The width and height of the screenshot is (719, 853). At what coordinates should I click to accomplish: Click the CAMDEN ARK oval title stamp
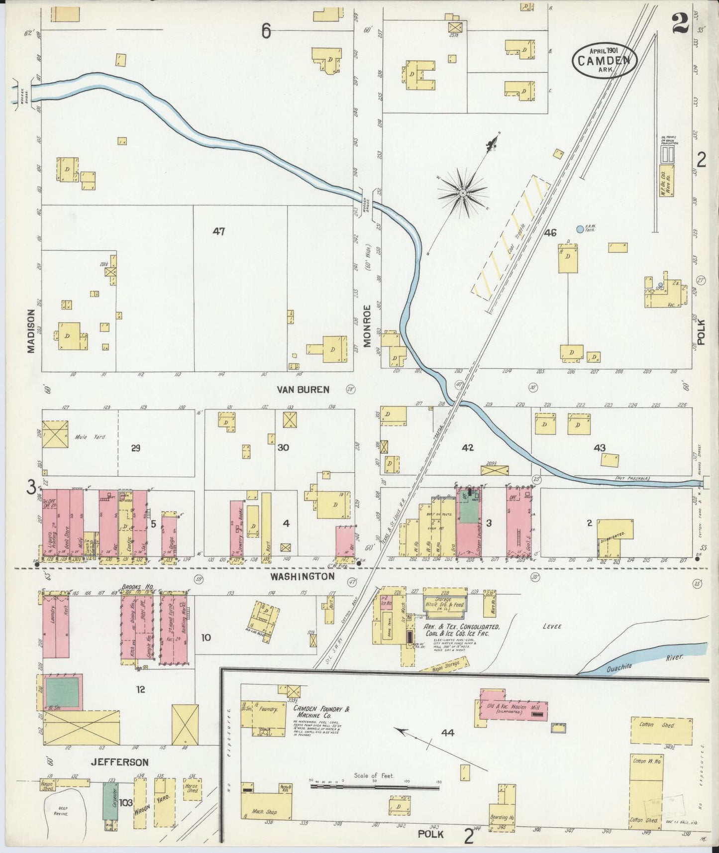(x=604, y=61)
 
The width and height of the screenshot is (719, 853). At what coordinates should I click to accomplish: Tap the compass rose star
(x=463, y=193)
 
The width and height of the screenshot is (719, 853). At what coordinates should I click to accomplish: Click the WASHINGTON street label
(x=302, y=576)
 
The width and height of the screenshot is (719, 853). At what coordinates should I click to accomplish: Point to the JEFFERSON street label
(x=120, y=762)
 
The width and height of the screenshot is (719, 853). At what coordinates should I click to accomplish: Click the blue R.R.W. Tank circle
(x=580, y=229)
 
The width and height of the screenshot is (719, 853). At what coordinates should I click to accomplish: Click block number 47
(x=219, y=231)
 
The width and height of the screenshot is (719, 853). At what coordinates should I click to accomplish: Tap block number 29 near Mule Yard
(x=135, y=448)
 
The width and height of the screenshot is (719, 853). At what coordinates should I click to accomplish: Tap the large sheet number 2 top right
(x=680, y=23)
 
